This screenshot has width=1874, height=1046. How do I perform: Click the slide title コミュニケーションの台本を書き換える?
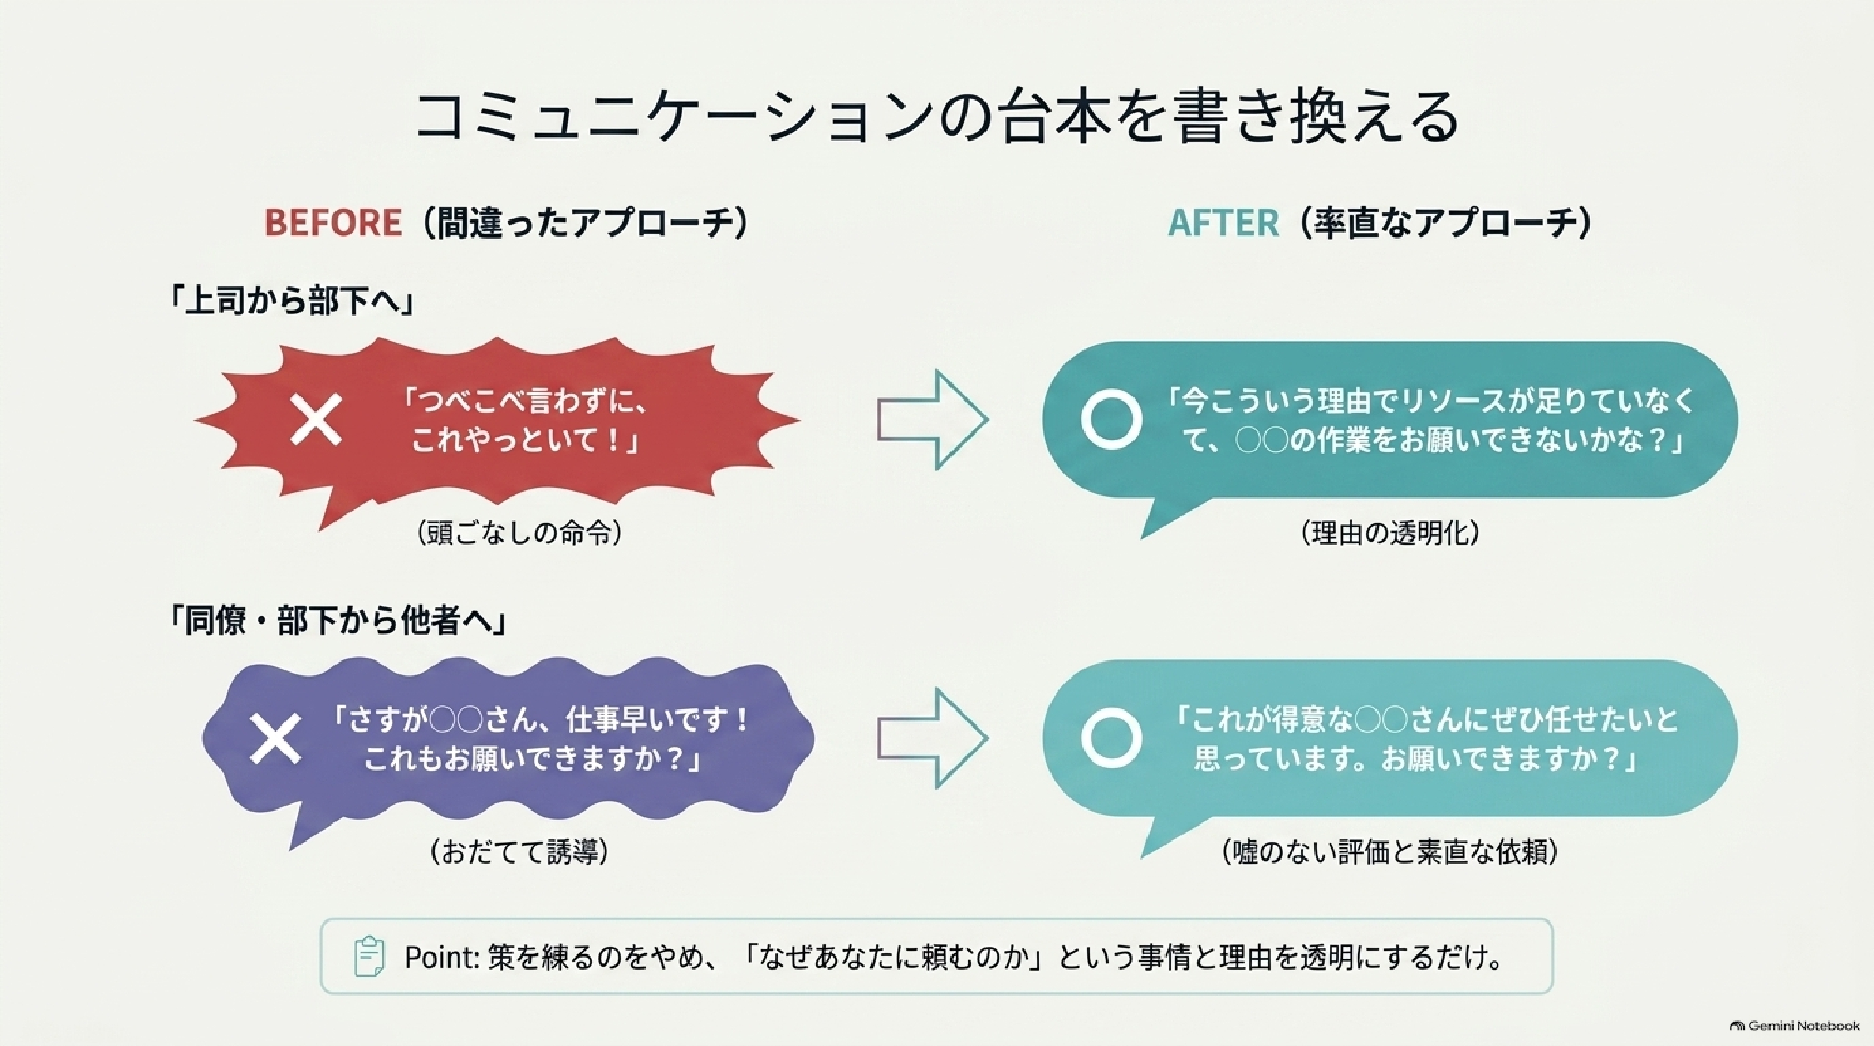(937, 116)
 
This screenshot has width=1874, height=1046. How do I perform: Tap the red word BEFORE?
(333, 222)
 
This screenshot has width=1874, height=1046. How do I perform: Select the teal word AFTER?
(1223, 222)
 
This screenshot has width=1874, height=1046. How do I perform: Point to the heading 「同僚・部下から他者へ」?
(337, 620)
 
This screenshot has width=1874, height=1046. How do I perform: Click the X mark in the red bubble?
(316, 420)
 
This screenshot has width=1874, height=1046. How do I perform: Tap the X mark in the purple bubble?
(275, 738)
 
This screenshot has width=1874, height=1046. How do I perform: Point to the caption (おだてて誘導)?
(519, 851)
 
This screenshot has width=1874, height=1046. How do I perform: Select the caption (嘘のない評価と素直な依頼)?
(1390, 851)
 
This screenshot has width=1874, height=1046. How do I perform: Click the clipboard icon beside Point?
(369, 956)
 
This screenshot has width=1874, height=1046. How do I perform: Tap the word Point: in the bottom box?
(441, 956)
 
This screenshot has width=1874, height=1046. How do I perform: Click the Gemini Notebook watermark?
(1794, 1026)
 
